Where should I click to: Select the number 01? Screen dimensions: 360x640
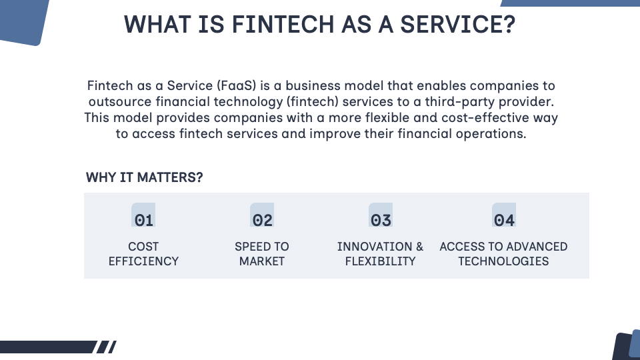[144, 220]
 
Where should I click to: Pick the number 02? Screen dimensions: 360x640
[263, 220]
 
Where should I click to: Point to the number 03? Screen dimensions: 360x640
[381, 220]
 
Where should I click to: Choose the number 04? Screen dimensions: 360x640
[504, 220]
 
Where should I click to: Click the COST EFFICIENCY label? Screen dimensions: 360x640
[143, 254]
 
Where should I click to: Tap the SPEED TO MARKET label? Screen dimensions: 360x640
[262, 254]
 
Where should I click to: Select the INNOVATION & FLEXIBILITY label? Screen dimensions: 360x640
[380, 254]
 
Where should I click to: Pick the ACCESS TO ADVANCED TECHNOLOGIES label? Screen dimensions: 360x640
[503, 254]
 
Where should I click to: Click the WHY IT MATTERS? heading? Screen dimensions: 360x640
[145, 178]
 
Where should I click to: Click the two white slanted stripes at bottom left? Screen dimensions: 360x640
[106, 347]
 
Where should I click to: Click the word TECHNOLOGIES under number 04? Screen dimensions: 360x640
[503, 261]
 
